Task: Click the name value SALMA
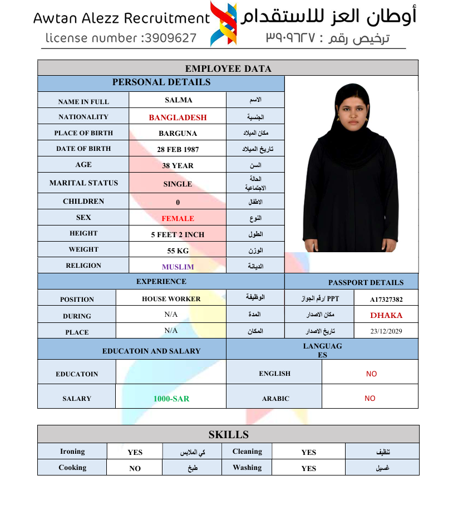pyautogui.click(x=178, y=100)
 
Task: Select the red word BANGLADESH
pyautogui.click(x=178, y=117)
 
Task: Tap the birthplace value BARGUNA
pyautogui.click(x=178, y=134)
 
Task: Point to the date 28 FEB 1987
pyautogui.click(x=178, y=149)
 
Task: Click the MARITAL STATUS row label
pyautogui.click(x=83, y=183)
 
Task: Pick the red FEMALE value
pyautogui.click(x=178, y=219)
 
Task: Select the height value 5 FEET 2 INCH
pyautogui.click(x=178, y=235)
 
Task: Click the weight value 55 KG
pyautogui.click(x=178, y=251)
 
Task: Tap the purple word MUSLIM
pyautogui.click(x=178, y=267)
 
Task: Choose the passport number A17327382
pyautogui.click(x=386, y=300)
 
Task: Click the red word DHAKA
pyautogui.click(x=386, y=315)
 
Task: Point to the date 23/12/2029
pyautogui.click(x=386, y=331)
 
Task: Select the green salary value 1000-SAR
pyautogui.click(x=171, y=399)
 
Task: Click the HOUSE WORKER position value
pyautogui.click(x=171, y=299)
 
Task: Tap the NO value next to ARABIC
pyautogui.click(x=370, y=398)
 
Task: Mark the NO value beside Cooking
pyautogui.click(x=135, y=468)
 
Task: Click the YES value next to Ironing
pyautogui.click(x=135, y=452)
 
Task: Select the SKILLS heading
pyautogui.click(x=228, y=434)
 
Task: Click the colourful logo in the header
pyautogui.click(x=223, y=23)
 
